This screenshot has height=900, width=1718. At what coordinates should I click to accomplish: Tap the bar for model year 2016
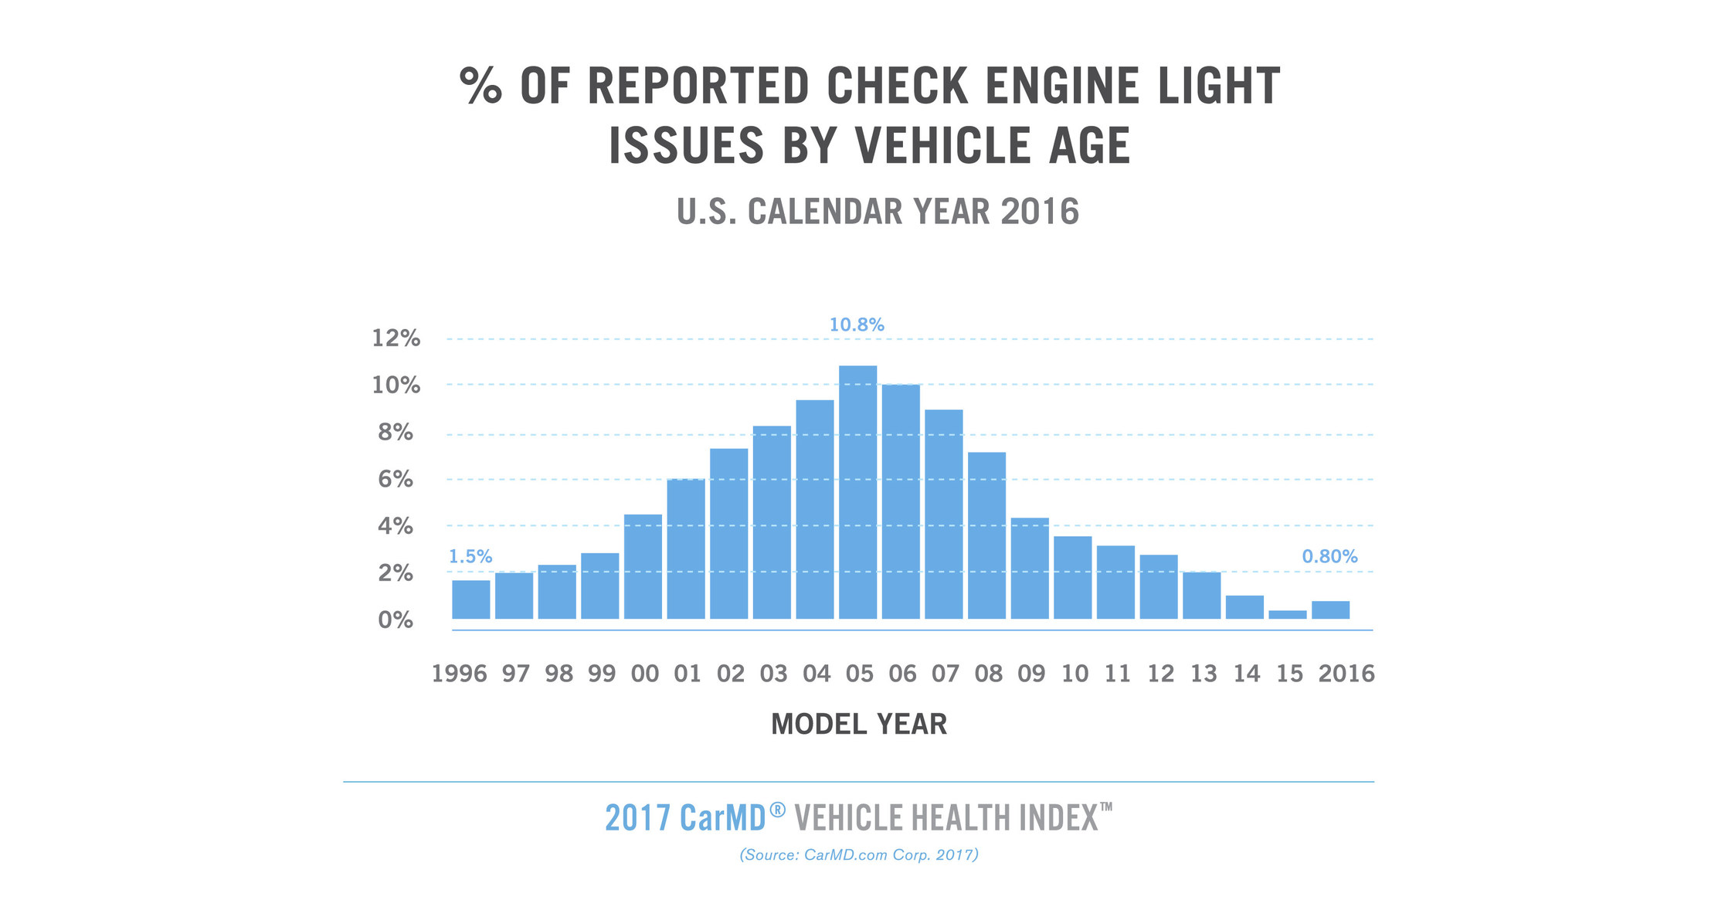pos(1330,610)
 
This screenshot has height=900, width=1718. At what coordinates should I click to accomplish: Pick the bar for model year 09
pos(1030,569)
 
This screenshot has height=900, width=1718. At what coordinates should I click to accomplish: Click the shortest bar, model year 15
pos(1287,615)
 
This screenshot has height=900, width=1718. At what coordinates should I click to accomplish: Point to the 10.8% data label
pos(857,325)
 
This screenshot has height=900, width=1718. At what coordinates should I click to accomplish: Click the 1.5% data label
pos(470,556)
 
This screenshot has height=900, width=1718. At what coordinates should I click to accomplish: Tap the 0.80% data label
pos(1329,556)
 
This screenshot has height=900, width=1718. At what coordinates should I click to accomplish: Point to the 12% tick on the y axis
pos(396,338)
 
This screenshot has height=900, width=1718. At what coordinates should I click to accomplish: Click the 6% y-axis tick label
pos(396,480)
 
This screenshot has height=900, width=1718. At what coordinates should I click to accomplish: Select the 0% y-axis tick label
pos(396,620)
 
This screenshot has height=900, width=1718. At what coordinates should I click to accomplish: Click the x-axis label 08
pos(988,674)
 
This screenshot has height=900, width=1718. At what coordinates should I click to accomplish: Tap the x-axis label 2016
pos(1346,674)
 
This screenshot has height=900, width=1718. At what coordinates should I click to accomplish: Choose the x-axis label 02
pos(730,674)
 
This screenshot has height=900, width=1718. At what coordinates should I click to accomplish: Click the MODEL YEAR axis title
pos(858,725)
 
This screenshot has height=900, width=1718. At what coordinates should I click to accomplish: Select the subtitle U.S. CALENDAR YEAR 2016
pos(878,212)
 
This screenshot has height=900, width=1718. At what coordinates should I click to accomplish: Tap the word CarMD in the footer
pos(722,818)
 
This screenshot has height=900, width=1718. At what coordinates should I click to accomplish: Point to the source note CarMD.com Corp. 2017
pos(859,855)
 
